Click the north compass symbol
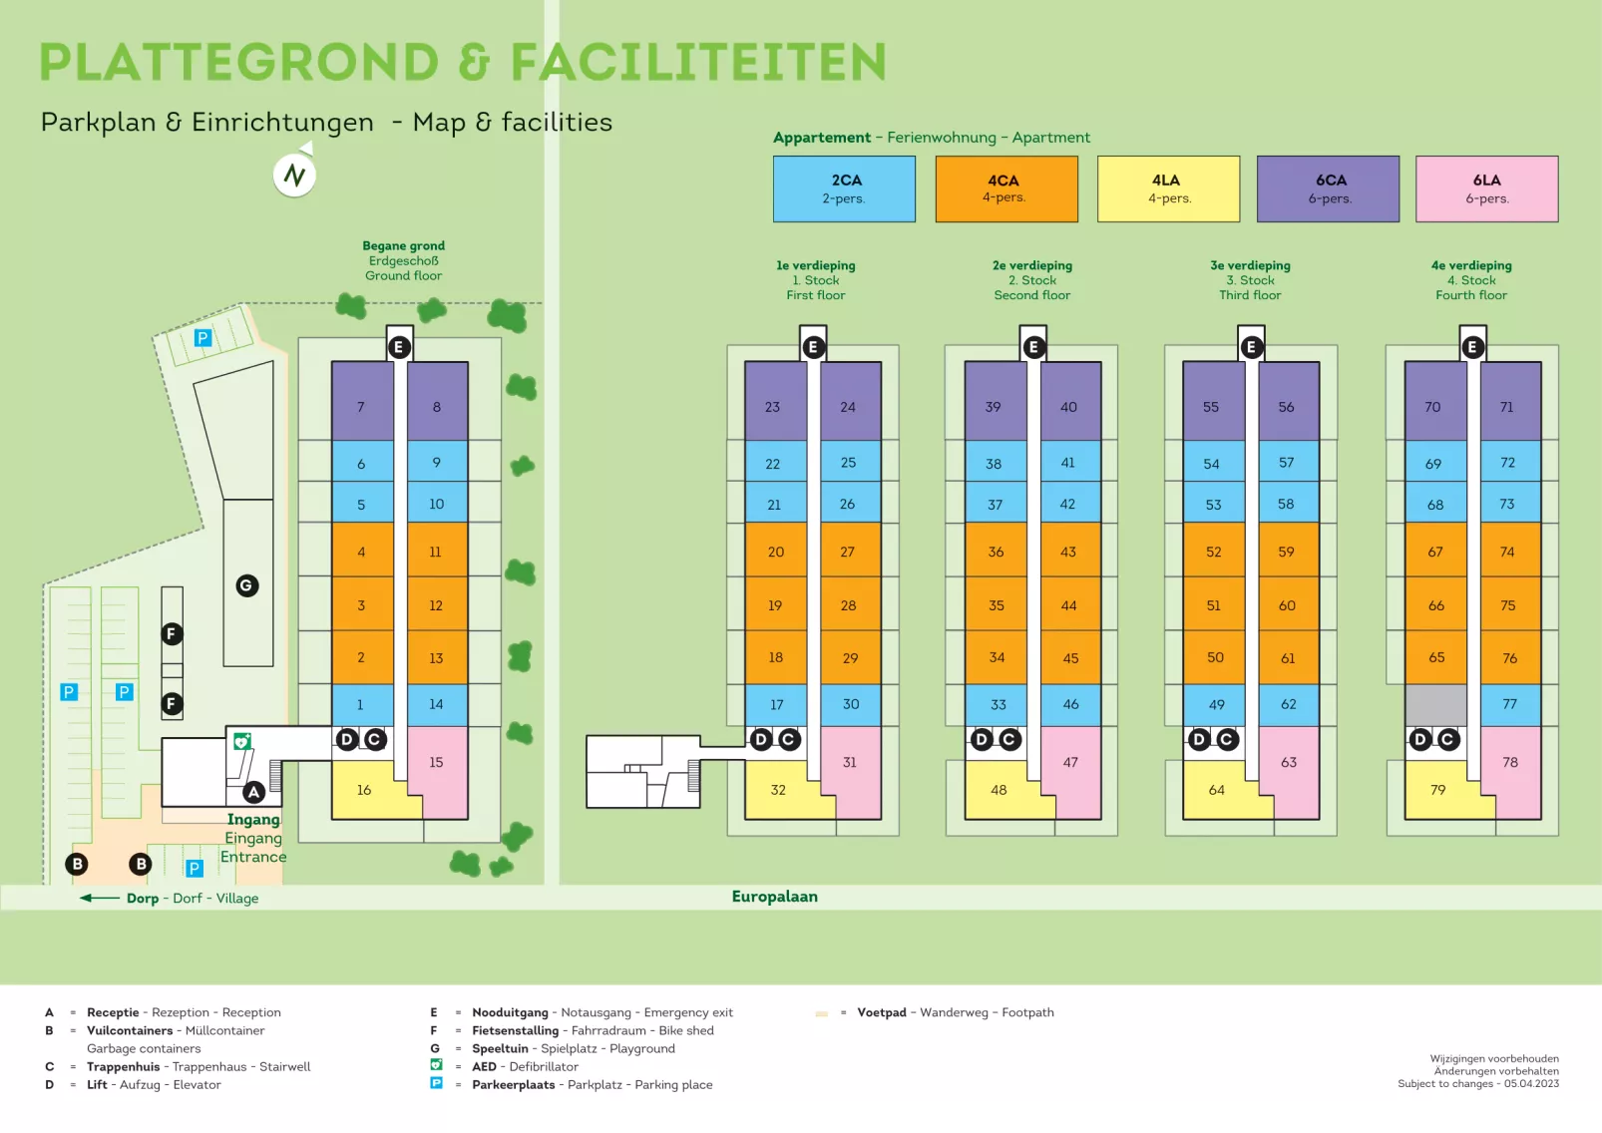click(x=294, y=176)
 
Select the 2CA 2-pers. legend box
click(x=844, y=189)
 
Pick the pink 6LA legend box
click(x=1486, y=189)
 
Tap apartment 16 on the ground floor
click(x=365, y=790)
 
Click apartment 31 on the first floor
click(x=850, y=763)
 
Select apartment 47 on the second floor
click(x=1070, y=763)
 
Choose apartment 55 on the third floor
click(x=1211, y=407)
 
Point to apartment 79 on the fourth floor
click(x=1437, y=790)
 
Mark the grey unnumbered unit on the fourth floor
click(x=1435, y=704)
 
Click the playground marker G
click(x=247, y=585)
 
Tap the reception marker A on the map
click(x=254, y=792)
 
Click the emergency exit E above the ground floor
click(x=399, y=347)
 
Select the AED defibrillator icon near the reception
click(x=241, y=741)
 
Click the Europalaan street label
click(x=775, y=897)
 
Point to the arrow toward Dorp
click(x=100, y=898)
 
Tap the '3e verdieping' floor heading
click(x=1250, y=265)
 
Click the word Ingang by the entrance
click(x=253, y=820)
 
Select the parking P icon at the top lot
click(x=202, y=338)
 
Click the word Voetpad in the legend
click(x=882, y=1012)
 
